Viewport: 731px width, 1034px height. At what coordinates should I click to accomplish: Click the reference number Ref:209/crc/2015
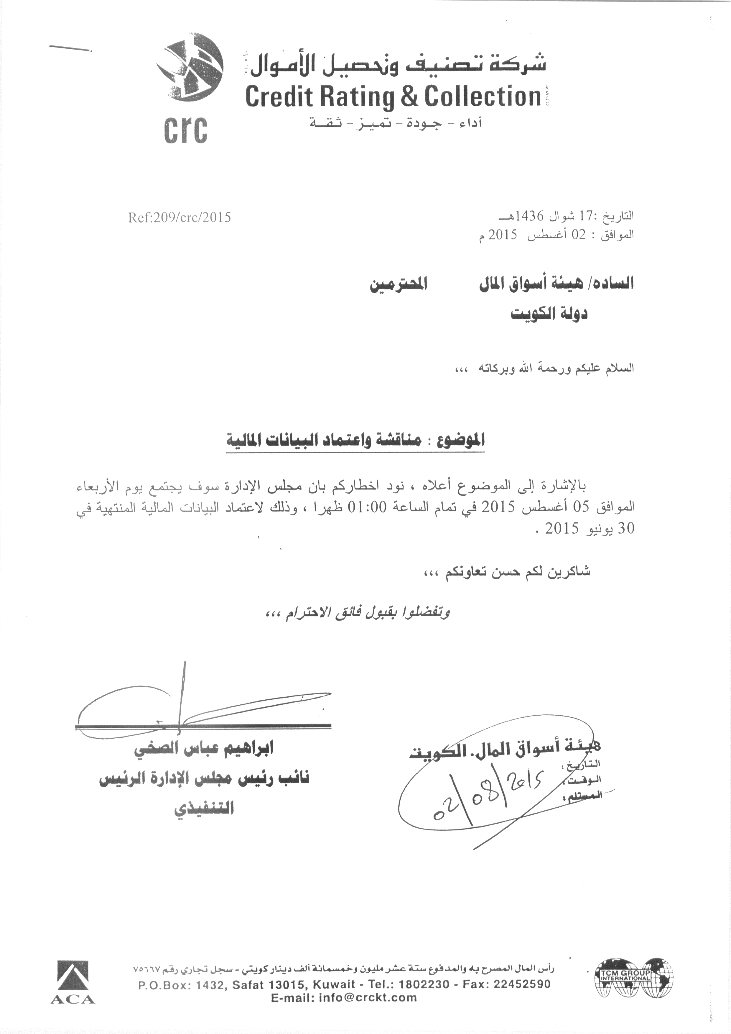point(180,217)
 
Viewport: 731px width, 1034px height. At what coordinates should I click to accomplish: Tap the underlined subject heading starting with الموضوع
point(355,440)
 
